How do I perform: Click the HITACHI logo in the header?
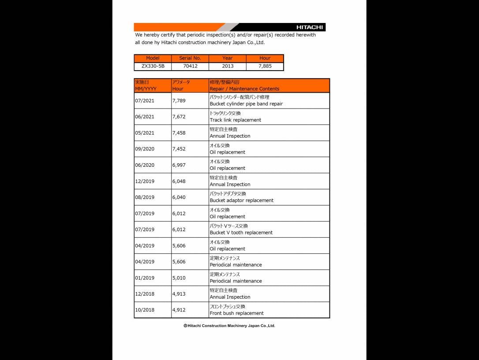[x=309, y=27]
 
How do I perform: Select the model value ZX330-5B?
[x=153, y=66]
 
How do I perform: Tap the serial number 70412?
[x=190, y=66]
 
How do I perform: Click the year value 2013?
[x=228, y=66]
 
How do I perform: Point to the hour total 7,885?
[x=265, y=66]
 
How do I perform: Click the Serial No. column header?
[x=190, y=58]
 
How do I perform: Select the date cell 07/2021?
[x=145, y=101]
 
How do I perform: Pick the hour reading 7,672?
[x=179, y=117]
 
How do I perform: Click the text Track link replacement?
[x=235, y=120]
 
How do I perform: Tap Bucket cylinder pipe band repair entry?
[x=246, y=104]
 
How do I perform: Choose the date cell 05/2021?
[x=145, y=133]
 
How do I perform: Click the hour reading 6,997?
[x=179, y=165]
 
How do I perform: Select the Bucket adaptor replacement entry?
[x=241, y=200]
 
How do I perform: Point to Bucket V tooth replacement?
[x=241, y=232]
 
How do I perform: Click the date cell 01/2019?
[x=145, y=278]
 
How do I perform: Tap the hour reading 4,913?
[x=179, y=294]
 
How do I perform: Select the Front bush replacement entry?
[x=236, y=313]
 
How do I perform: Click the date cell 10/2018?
[x=145, y=310]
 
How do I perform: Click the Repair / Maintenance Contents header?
[x=244, y=89]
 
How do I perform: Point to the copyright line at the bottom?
[x=229, y=326]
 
